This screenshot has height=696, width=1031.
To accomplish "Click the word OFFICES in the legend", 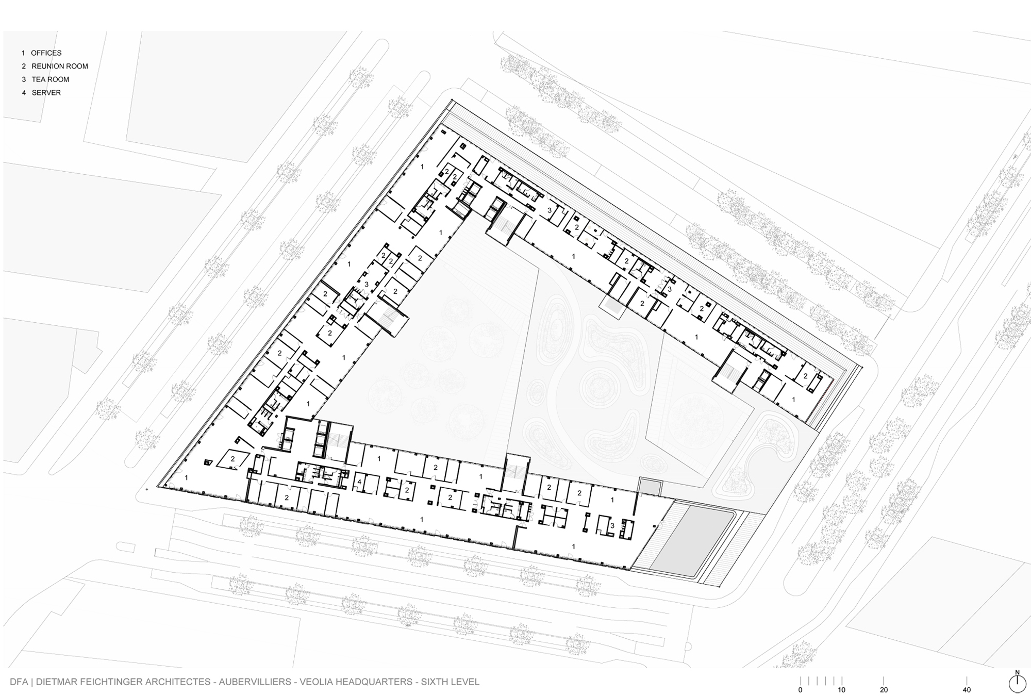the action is (46, 53).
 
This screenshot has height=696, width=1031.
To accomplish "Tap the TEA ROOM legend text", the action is (51, 79).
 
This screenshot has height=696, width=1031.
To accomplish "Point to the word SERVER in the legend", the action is (46, 93).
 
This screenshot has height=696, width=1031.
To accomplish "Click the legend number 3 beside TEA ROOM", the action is (24, 79).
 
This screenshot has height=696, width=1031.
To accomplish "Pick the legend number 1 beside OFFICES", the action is (23, 53).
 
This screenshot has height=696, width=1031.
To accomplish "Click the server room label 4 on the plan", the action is (360, 482).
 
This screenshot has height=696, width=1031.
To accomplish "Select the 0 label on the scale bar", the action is (800, 690).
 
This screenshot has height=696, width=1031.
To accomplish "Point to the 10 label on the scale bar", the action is (842, 690).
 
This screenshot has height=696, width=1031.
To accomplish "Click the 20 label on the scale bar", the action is (884, 690).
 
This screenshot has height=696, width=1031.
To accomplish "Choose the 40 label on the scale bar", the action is (967, 690).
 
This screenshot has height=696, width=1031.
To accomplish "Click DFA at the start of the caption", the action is (19, 682).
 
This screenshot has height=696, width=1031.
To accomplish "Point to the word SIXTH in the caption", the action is (435, 682).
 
